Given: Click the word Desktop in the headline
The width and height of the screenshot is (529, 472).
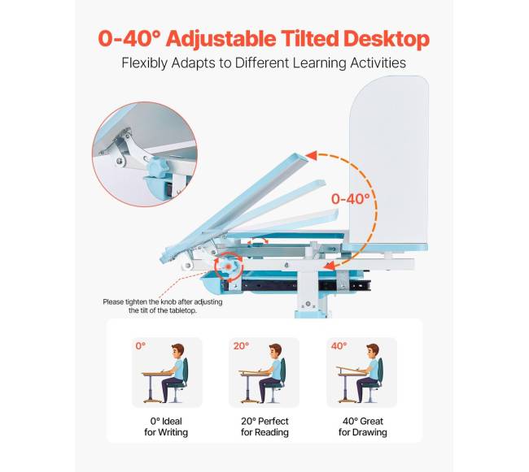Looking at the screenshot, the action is (x=387, y=39).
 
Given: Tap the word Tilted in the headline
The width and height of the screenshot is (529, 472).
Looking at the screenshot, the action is (x=310, y=38).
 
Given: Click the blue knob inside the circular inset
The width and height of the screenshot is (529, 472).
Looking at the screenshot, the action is (x=159, y=167).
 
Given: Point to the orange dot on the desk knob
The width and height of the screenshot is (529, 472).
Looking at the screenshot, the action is (x=229, y=266).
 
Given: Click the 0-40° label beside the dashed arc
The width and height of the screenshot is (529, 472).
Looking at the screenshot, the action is (x=350, y=199).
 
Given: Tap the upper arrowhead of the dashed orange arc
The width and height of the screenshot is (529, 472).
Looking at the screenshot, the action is (x=312, y=156).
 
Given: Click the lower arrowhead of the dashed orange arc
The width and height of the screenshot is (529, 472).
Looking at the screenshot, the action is (x=330, y=266).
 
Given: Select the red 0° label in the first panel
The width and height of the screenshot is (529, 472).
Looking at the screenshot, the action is (x=141, y=346).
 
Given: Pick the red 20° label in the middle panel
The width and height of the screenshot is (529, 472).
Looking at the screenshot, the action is (x=241, y=346).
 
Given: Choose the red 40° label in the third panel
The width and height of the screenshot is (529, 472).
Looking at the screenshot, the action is (x=339, y=346).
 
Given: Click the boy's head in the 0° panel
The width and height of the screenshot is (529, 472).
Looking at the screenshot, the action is (x=177, y=352).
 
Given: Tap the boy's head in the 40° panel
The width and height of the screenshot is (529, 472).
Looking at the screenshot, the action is (x=373, y=352).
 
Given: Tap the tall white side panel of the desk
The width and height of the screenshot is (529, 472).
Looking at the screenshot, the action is (x=389, y=161).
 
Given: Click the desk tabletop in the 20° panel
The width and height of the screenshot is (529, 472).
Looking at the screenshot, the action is (x=255, y=372).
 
